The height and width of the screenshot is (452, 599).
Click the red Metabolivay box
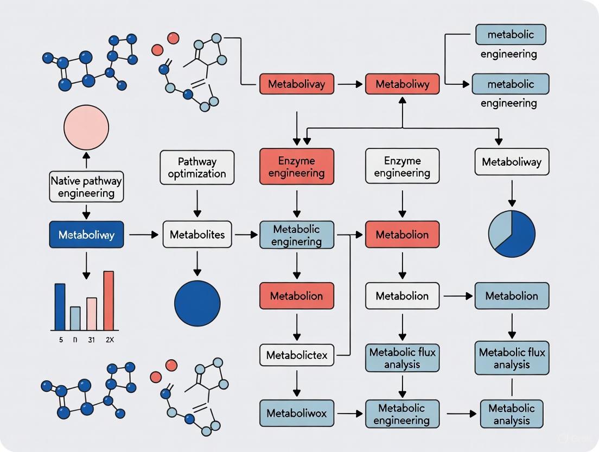(296, 84)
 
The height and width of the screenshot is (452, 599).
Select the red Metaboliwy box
(402, 84)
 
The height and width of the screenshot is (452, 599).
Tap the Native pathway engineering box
(86, 186)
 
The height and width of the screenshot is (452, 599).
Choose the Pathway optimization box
(197, 167)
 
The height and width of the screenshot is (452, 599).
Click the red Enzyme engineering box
(296, 167)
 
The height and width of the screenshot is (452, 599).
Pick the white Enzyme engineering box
(402, 167)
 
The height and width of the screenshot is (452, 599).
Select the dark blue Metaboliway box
(86, 235)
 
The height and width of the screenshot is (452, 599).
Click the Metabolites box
(197, 235)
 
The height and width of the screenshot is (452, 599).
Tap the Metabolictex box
(297, 356)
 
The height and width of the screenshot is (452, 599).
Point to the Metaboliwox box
(297, 413)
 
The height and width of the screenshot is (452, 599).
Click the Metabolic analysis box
(512, 414)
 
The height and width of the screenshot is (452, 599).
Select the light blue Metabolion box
(512, 296)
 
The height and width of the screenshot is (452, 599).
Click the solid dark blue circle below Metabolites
(197, 304)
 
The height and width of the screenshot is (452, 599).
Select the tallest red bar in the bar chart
(109, 300)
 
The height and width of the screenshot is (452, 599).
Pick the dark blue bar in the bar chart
(60, 307)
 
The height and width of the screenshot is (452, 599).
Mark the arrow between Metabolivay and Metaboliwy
(350, 84)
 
